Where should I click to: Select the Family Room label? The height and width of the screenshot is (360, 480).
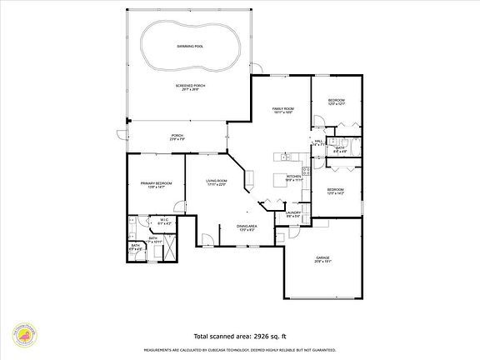coord(283,110)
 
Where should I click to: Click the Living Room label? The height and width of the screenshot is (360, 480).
coord(217,182)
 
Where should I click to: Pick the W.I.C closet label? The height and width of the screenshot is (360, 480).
coord(165,221)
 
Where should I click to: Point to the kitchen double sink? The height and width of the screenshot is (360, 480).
coord(285,156)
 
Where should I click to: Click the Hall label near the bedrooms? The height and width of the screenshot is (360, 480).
coord(318,142)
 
